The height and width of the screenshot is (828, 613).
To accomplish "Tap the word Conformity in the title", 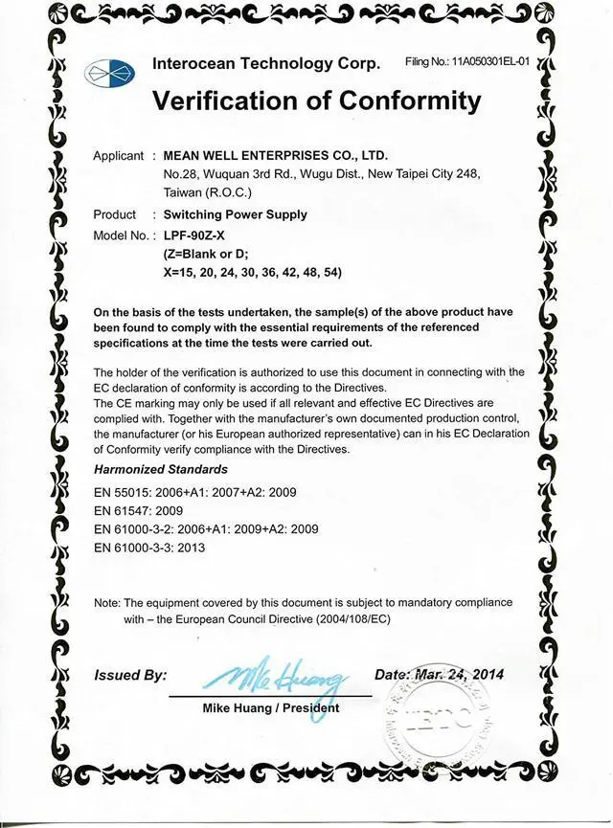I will point(400,101).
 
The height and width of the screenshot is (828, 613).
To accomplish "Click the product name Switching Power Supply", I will point(236,215).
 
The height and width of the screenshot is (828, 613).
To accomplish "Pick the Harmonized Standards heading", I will point(161,470).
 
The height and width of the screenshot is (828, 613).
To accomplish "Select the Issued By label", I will point(130,676).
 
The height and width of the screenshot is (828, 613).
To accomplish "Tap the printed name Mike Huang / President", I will point(271,708).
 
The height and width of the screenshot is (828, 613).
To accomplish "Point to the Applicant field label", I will point(118,156).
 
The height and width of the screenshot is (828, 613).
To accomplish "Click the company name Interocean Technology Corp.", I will point(266,64).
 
